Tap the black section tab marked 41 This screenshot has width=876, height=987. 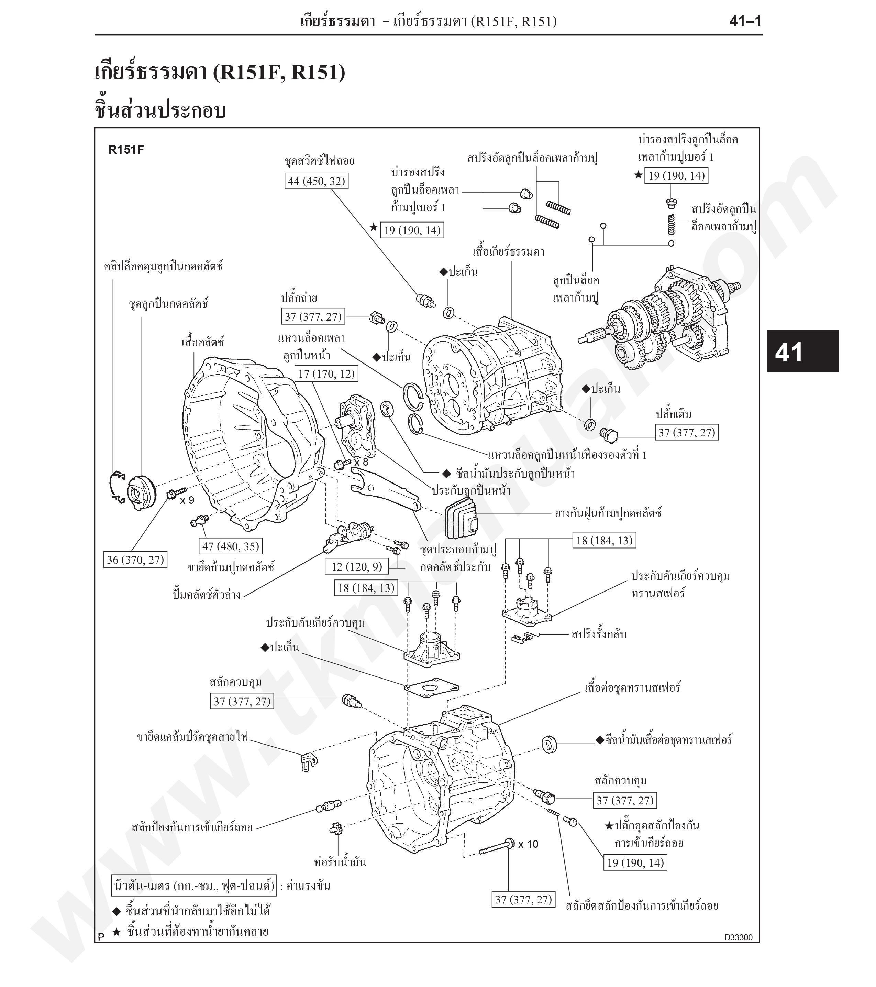[x=803, y=351]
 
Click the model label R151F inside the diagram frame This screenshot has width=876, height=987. [x=126, y=150]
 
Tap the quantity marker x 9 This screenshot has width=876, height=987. [x=187, y=500]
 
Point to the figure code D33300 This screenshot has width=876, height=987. [x=738, y=937]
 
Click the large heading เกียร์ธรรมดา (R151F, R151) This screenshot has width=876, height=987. [x=220, y=73]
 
